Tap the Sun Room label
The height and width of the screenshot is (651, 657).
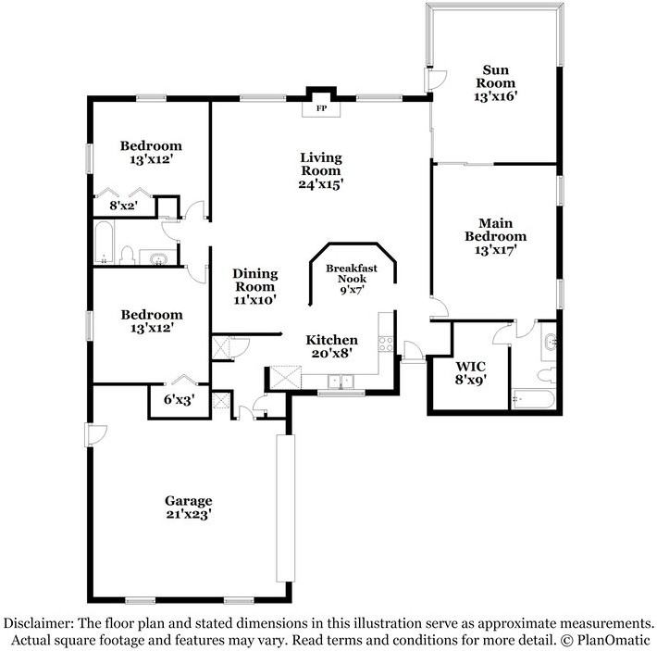495,76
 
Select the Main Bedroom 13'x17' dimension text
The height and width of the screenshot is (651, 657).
495,249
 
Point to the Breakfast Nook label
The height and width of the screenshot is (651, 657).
352,273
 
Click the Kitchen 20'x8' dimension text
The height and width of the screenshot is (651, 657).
331,353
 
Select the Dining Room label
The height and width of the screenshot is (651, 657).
254,280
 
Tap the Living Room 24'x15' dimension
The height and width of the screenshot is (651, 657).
320,183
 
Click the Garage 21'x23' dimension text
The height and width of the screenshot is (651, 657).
189,514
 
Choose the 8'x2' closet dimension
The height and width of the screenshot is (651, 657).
123,206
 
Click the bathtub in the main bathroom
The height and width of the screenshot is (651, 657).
533,399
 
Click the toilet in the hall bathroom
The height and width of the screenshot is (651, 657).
130,255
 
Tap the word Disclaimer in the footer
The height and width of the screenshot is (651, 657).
39,623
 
